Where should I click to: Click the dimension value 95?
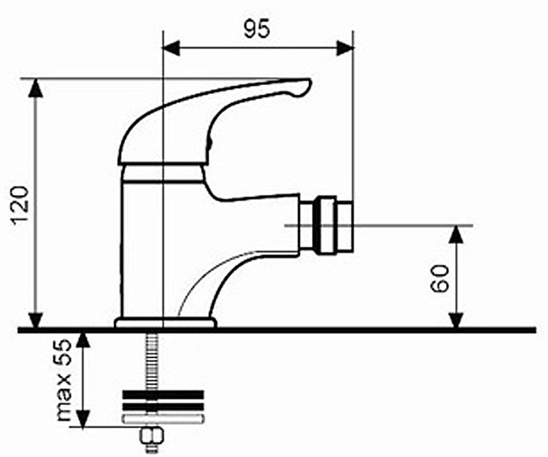(x=256, y=28)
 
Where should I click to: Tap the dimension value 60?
(x=439, y=278)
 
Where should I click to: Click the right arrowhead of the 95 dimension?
(x=345, y=48)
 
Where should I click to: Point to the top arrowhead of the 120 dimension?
(x=36, y=88)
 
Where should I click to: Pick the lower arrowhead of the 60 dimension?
(x=457, y=320)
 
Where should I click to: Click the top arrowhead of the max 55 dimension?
(x=83, y=342)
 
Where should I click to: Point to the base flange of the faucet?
(x=166, y=323)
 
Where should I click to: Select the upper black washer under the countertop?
(x=163, y=394)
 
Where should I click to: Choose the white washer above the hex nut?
(x=163, y=419)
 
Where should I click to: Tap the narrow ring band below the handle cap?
(x=162, y=174)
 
